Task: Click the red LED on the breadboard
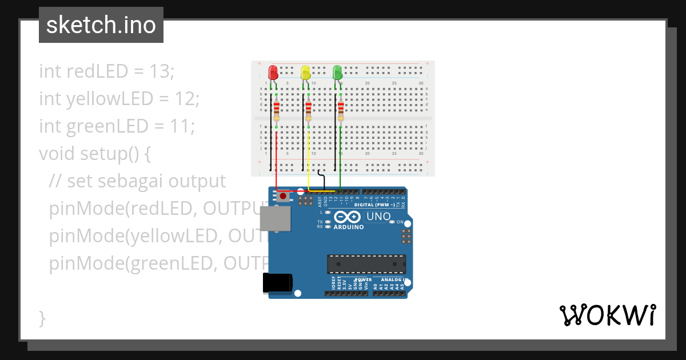pos(273,73)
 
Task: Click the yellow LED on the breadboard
pos(306,73)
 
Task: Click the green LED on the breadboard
pos(338,72)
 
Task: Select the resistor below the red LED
pos(277,109)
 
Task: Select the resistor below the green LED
pos(341,109)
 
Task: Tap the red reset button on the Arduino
pos(284,197)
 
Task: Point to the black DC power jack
pos(277,283)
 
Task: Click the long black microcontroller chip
pos(366,264)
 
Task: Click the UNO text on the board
pos(378,217)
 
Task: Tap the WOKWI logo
pos(608,315)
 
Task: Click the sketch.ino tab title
pos(101,25)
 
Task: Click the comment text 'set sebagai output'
pos(146,181)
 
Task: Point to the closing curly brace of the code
pos(42,318)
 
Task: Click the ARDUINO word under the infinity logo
pos(348,227)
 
